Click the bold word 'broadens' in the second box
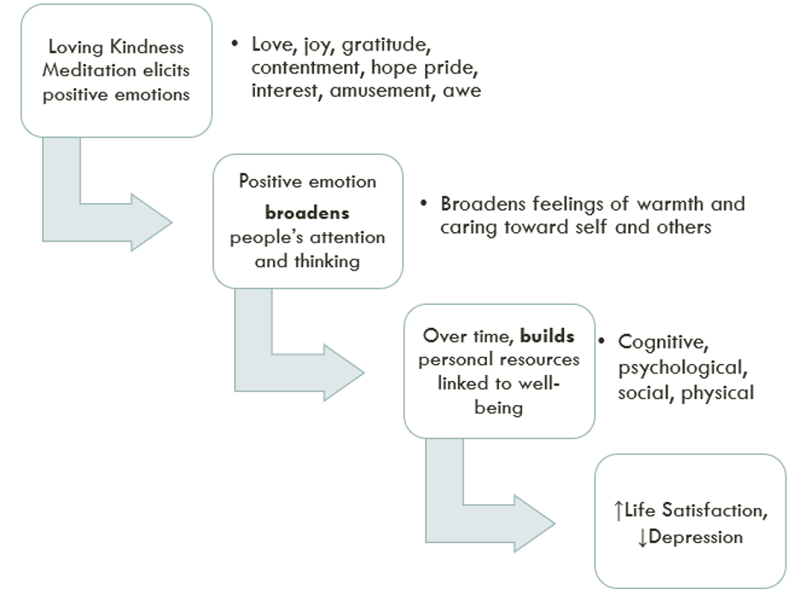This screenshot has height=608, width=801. (307, 213)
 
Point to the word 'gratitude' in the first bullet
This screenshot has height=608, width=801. (383, 45)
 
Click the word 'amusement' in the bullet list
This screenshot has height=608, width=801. (382, 91)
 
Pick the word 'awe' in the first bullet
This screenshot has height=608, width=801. (462, 91)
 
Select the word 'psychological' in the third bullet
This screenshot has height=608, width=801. (682, 368)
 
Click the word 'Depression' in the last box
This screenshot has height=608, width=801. (696, 538)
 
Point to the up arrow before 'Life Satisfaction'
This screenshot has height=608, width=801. (619, 511)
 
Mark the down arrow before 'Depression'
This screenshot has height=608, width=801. (643, 539)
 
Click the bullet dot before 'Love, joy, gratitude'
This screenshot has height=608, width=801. (234, 44)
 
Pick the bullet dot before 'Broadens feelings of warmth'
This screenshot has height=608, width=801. (424, 204)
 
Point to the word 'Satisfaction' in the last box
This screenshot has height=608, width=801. (710, 511)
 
